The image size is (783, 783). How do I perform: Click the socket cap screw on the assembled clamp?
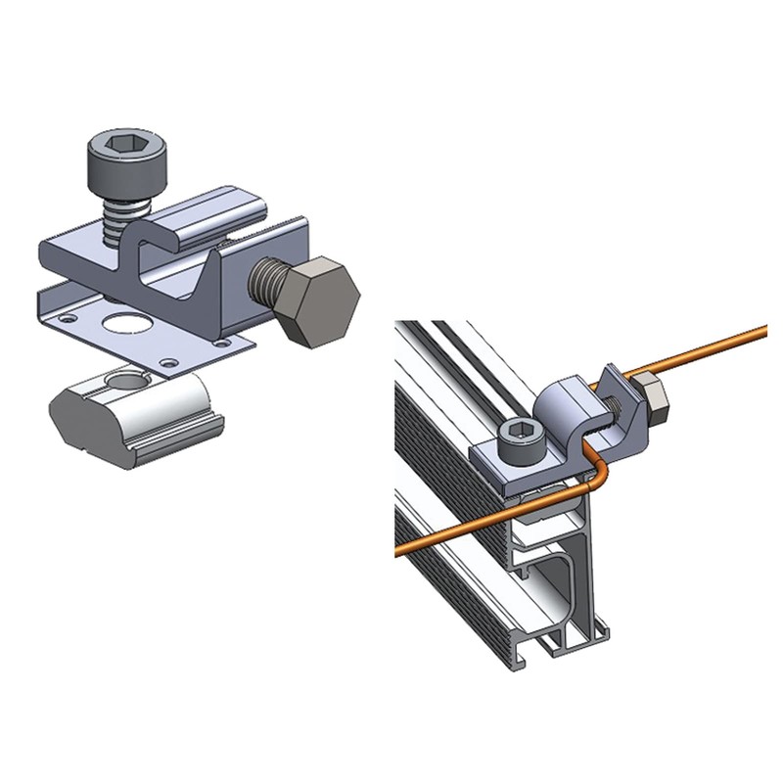coord(517,438)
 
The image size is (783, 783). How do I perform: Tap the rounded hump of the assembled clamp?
coord(564,397)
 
